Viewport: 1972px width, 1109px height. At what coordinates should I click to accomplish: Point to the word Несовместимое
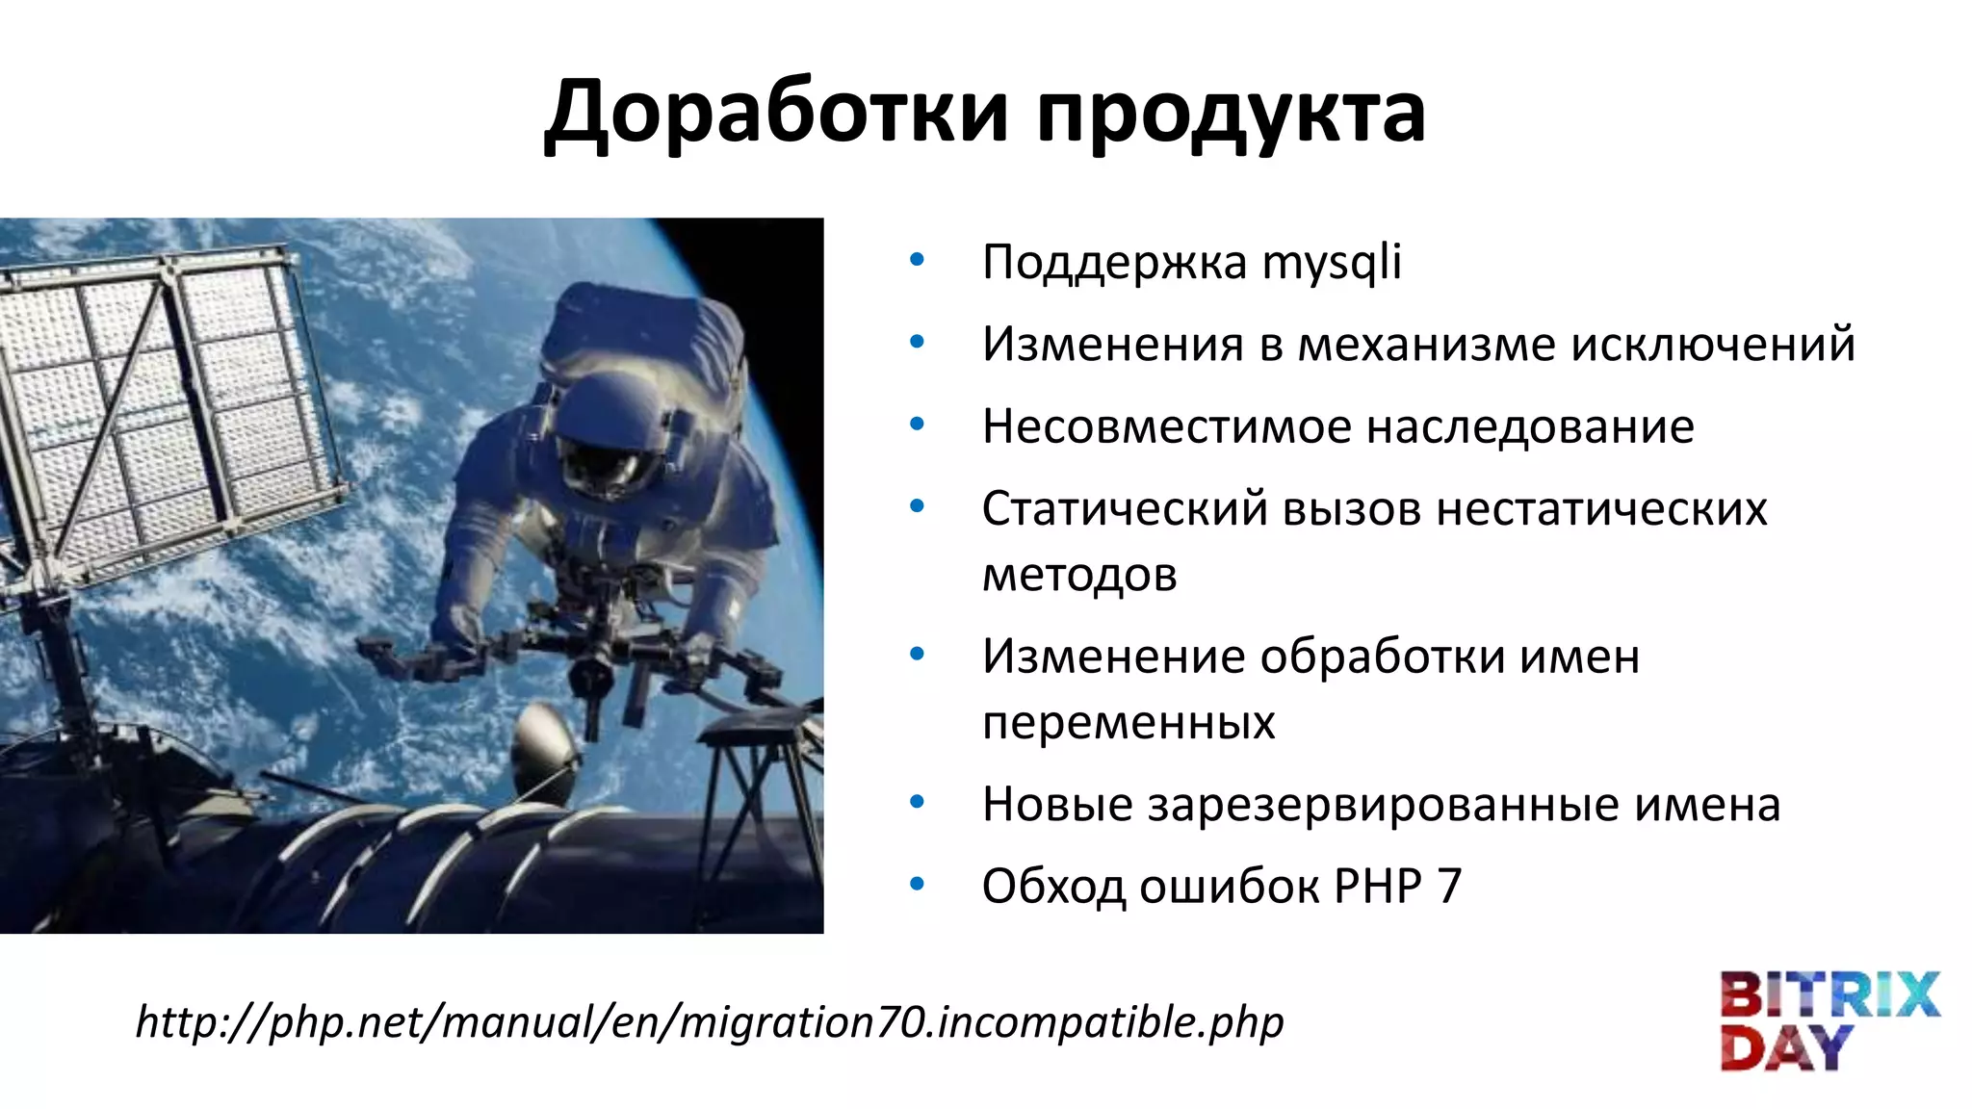(1166, 426)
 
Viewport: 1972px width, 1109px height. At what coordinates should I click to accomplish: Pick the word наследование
(1530, 426)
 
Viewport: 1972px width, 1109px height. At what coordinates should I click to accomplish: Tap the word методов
(1079, 575)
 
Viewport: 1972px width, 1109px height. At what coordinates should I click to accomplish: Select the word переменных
(1129, 722)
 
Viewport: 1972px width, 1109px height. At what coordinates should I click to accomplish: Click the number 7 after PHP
(1449, 886)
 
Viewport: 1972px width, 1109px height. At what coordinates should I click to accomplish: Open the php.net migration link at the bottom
(710, 1021)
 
